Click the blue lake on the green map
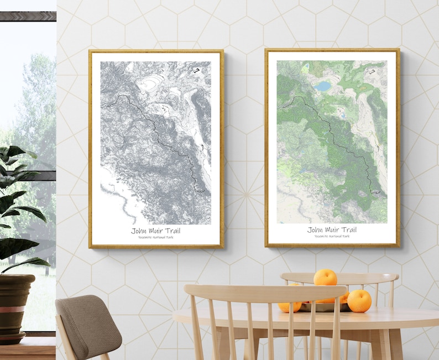322,86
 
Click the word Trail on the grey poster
171,231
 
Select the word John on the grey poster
139,231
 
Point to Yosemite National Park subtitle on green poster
332,236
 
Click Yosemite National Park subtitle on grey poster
156,237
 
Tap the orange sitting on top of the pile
325,278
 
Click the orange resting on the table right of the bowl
359,301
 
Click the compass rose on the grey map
195,70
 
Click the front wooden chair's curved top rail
265,293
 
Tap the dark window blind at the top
28,16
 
